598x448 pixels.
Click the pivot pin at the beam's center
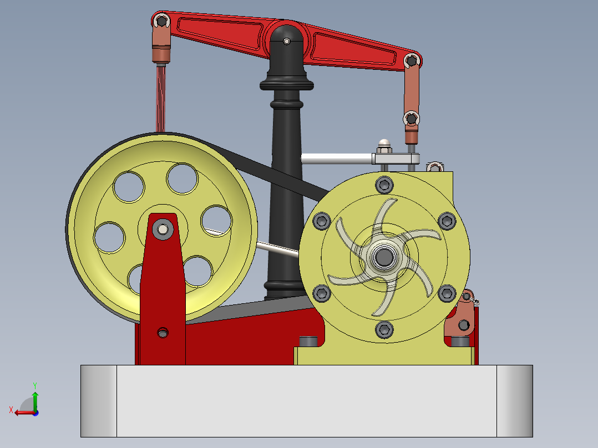tap(286, 41)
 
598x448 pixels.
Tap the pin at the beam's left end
tap(161, 22)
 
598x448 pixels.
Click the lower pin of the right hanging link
tap(411, 118)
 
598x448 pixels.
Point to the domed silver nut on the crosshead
tap(384, 145)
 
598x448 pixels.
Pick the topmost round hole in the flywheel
tap(183, 178)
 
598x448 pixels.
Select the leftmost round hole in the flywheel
tap(109, 236)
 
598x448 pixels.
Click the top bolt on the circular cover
tap(384, 184)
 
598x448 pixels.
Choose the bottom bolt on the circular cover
tap(384, 329)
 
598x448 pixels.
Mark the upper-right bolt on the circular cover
tap(447, 220)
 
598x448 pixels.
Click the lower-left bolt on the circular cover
tap(321, 293)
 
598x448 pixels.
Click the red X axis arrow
tap(21, 412)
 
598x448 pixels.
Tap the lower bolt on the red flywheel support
tap(163, 333)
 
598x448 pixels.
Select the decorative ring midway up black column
tap(287, 104)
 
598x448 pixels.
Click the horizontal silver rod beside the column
tap(336, 159)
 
